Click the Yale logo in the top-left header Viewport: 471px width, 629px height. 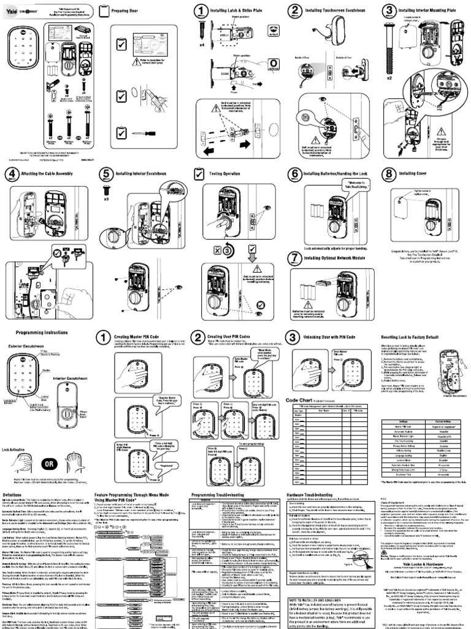click(12, 9)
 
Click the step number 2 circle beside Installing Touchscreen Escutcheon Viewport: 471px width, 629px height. click(296, 10)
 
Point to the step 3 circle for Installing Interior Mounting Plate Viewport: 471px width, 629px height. click(389, 10)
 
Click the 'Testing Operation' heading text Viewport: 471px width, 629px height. click(227, 174)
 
